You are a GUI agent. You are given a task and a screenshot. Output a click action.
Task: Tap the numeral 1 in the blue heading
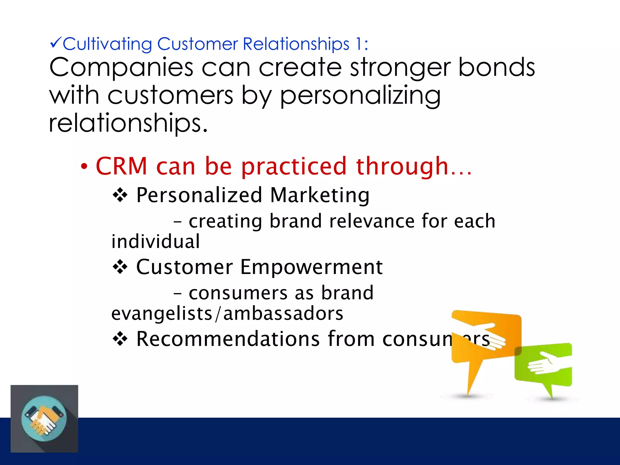click(358, 44)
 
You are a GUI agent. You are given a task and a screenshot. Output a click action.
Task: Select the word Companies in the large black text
click(121, 68)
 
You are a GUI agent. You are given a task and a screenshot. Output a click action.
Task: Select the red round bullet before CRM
click(84, 166)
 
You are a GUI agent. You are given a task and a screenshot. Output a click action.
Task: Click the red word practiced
click(294, 167)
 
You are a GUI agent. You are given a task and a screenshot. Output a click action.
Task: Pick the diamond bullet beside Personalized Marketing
click(120, 195)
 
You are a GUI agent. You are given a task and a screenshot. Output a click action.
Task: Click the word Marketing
click(320, 195)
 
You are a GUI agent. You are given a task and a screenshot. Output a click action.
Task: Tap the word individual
click(156, 242)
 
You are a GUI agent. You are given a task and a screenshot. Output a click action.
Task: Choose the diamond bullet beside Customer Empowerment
click(120, 267)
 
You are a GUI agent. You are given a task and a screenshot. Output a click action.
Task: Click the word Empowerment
click(312, 267)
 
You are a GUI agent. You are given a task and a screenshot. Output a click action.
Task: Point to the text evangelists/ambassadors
click(227, 314)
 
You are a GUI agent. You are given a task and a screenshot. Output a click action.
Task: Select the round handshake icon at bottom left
click(44, 419)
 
